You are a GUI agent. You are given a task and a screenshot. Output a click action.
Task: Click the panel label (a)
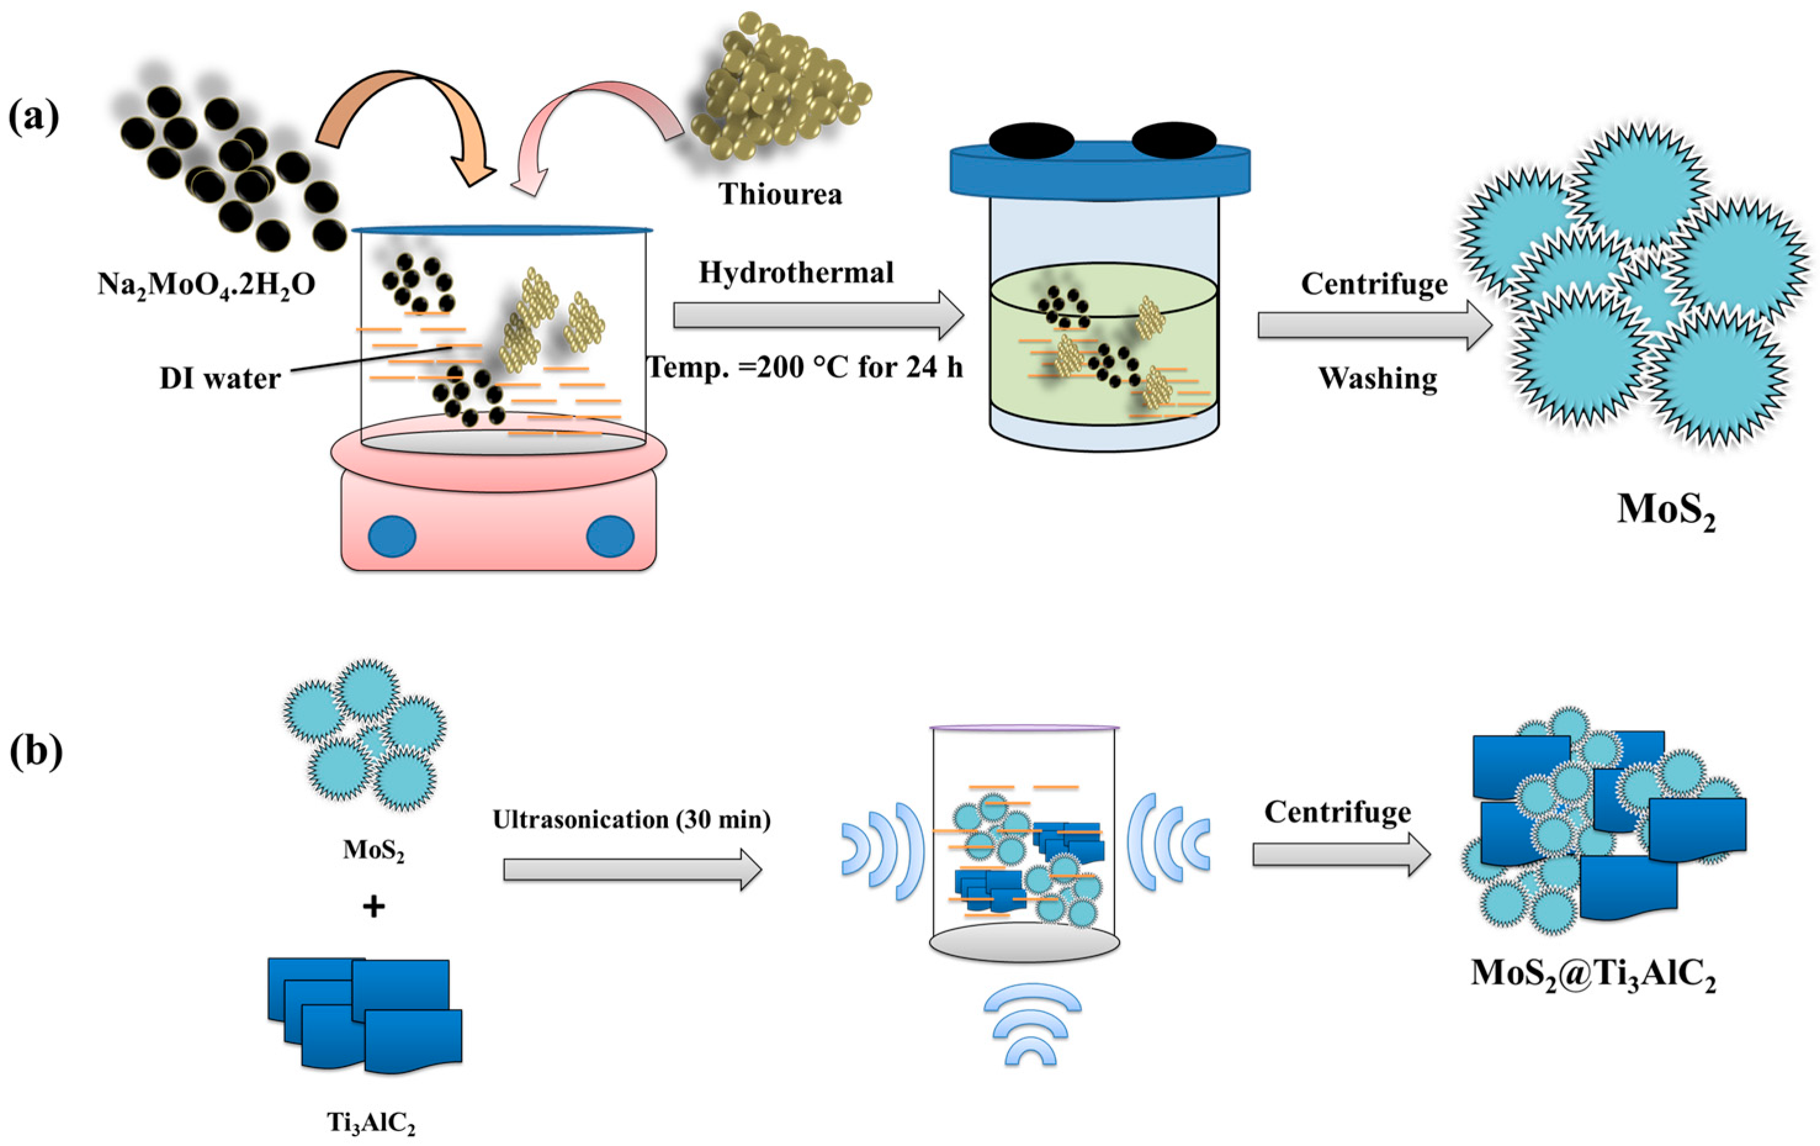(x=33, y=119)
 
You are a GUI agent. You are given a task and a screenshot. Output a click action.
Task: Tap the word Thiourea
(x=780, y=194)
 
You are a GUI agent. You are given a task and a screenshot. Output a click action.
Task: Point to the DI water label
(x=220, y=378)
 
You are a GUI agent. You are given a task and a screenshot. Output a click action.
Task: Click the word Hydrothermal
(x=796, y=273)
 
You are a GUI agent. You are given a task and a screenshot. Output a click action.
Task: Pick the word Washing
(x=1377, y=378)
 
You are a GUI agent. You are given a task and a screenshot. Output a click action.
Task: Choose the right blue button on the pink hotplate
(x=610, y=535)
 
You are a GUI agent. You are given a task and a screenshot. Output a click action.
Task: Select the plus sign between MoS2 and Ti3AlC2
(x=373, y=906)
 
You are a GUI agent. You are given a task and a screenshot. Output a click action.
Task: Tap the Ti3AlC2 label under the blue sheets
(x=371, y=1121)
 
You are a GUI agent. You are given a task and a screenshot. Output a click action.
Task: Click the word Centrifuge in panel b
(x=1337, y=812)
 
